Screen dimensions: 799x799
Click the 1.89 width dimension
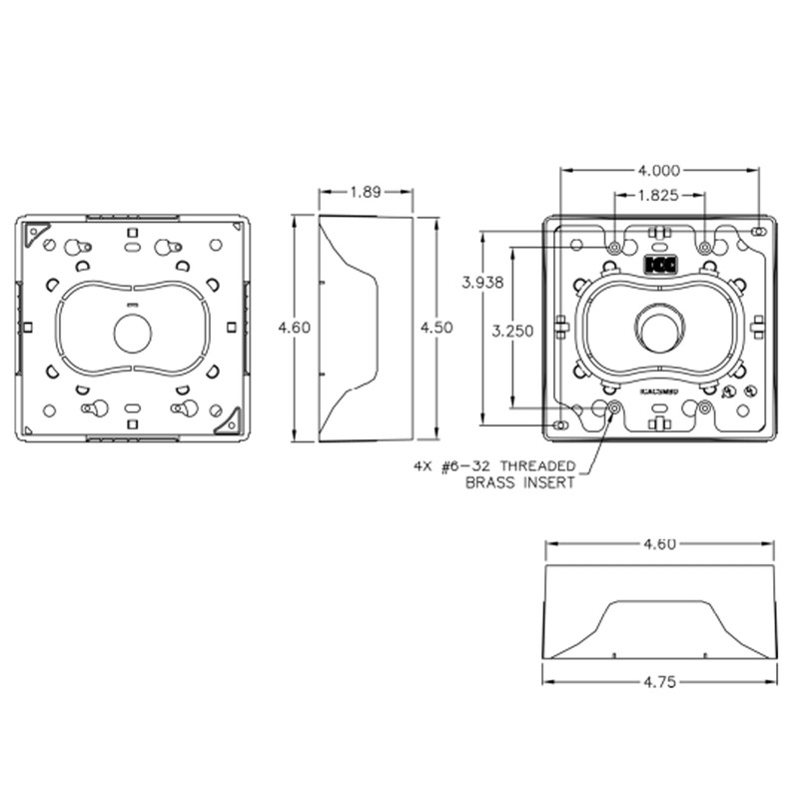pos(365,193)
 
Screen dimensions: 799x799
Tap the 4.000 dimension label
pos(660,171)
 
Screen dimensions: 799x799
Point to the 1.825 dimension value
pos(660,195)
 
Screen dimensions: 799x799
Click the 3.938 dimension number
pos(482,283)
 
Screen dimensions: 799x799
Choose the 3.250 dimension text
pos(510,331)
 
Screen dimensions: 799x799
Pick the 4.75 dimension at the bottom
pos(659,683)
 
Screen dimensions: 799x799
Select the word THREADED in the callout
pos(536,465)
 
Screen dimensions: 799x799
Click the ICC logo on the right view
pos(659,266)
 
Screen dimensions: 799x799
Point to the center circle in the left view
pos(132,333)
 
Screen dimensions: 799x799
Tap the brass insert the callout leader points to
pos(612,407)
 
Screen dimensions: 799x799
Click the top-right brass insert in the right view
pos(705,247)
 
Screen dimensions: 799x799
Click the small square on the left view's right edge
pos(231,327)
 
